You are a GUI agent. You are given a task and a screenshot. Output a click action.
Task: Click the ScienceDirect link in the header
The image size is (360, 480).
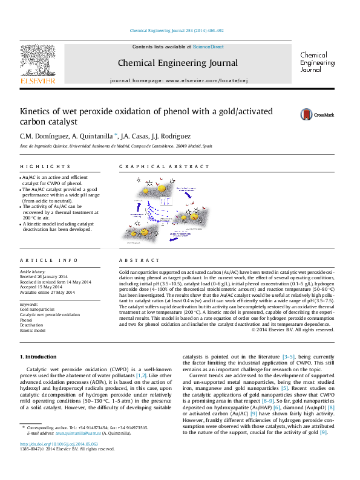(208, 47)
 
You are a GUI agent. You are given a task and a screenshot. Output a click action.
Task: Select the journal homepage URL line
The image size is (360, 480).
(179, 80)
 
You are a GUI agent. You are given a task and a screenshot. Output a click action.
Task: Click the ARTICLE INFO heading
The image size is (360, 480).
(48, 260)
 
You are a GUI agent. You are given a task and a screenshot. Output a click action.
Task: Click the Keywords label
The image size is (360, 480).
(29, 304)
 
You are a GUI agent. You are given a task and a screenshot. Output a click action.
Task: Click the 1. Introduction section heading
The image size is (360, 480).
(39, 357)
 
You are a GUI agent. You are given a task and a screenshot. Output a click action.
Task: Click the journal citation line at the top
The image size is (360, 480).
(177, 30)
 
